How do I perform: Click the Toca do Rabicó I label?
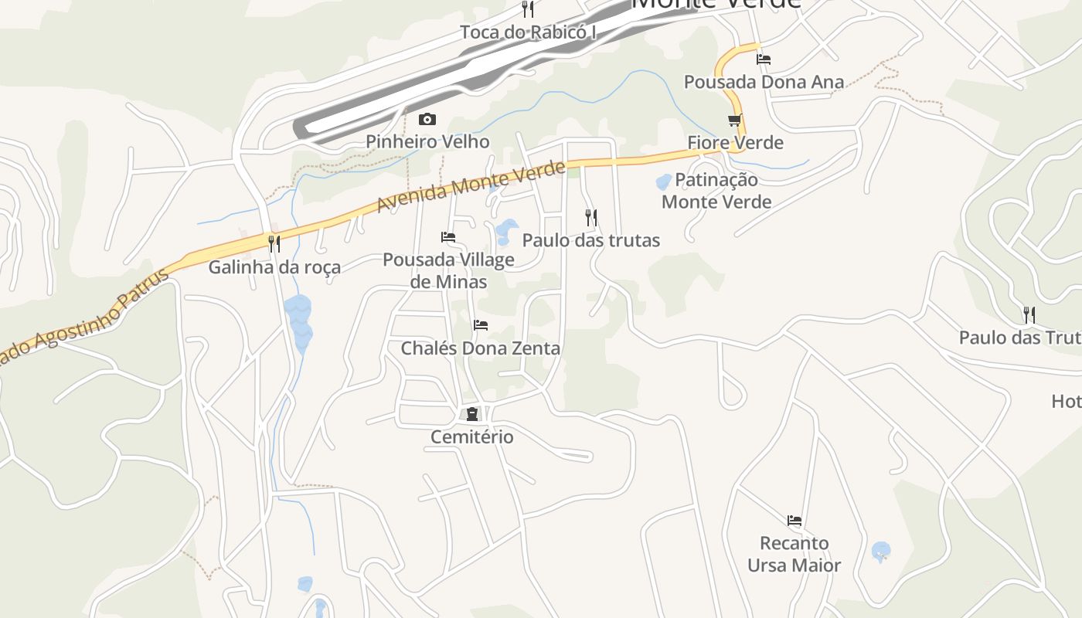coord(529,32)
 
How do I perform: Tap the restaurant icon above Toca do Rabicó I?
coord(529,9)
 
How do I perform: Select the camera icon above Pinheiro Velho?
coord(427,120)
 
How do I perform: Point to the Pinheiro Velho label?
coord(427,141)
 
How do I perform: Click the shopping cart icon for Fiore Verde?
coord(735,121)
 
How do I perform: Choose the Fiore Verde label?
coord(735,143)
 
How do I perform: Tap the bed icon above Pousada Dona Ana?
coord(764,59)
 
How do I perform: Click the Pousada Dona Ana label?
coord(764,82)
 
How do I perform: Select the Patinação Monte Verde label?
coord(716,191)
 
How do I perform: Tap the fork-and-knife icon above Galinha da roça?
coord(274,244)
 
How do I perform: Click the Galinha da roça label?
coord(274,267)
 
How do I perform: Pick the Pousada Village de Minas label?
coord(448,270)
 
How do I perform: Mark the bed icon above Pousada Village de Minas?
coord(448,237)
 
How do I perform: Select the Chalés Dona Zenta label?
coord(480,348)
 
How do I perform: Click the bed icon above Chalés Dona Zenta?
coord(481,325)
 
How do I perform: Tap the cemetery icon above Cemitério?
coord(471,415)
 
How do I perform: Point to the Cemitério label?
coord(471,437)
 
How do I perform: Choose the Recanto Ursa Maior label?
coord(794,554)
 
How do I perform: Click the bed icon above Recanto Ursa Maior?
coord(794,521)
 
